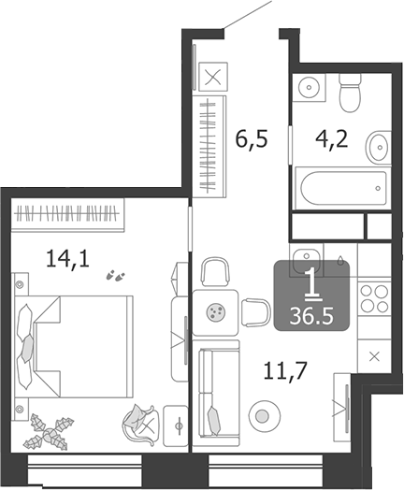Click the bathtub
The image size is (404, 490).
(x=340, y=191)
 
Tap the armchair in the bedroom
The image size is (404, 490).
(x=140, y=423)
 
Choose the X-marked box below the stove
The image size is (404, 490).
(x=374, y=356)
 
